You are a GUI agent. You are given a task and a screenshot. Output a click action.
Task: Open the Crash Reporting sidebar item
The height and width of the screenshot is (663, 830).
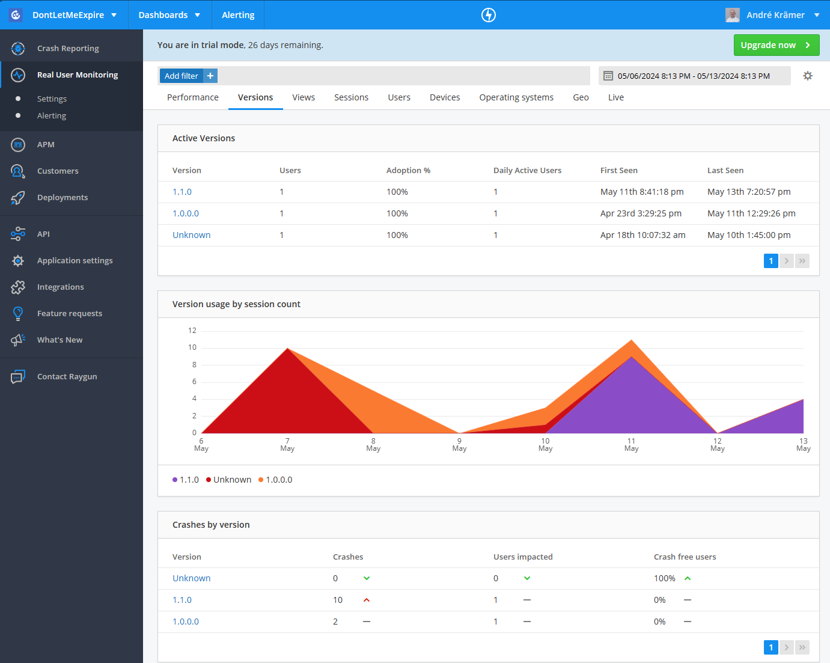point(68,49)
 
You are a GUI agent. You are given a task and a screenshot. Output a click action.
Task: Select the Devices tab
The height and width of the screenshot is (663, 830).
point(445,97)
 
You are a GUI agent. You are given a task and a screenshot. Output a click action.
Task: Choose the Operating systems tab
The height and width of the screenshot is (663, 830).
point(516,97)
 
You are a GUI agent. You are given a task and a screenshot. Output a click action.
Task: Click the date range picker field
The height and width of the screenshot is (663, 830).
point(694,76)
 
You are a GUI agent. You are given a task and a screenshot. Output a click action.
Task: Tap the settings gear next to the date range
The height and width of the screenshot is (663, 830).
point(808,76)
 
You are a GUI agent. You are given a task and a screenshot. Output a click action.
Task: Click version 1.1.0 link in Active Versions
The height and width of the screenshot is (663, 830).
point(182,192)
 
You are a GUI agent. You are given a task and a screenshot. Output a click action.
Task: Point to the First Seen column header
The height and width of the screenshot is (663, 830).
point(618,171)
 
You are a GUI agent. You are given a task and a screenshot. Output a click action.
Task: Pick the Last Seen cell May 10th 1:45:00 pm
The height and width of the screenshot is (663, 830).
point(749,235)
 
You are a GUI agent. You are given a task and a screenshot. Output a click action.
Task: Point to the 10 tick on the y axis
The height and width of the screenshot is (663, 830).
point(192,347)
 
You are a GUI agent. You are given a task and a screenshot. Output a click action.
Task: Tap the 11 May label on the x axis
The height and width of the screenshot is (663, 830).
point(631,445)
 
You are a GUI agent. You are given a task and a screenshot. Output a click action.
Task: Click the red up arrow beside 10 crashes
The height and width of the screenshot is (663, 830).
point(367,600)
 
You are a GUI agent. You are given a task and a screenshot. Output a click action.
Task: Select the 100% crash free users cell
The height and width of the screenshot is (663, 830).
point(664,578)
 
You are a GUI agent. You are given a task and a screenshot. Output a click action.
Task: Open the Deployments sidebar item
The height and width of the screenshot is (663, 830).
point(63,198)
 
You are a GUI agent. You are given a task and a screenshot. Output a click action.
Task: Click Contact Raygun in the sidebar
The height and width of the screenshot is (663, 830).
point(67,377)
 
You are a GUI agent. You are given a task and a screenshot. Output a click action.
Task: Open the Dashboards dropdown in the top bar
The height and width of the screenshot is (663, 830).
point(169,15)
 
